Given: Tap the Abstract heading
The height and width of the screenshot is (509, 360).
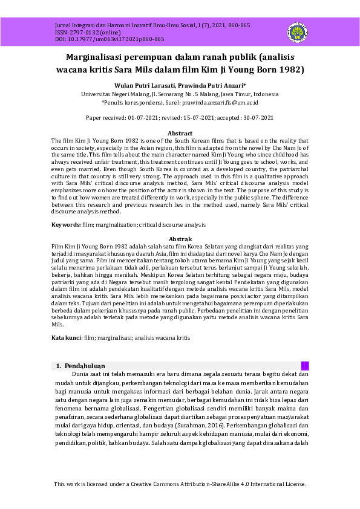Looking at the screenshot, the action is coord(180,133).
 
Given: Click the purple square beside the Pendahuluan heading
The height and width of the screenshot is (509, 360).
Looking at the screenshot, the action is coord(305,366).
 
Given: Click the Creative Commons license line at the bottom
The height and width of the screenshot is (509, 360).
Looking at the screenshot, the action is coord(180,484).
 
